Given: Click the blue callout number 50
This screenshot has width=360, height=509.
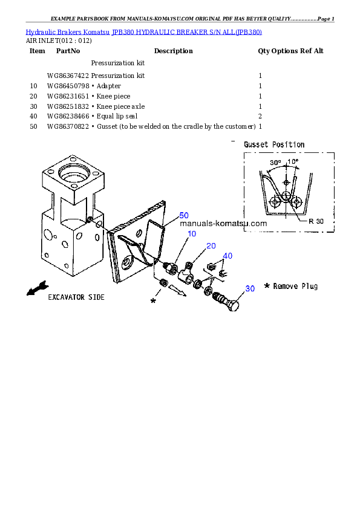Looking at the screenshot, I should click(184, 216).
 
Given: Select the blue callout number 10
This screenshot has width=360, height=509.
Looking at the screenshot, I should click(192, 233).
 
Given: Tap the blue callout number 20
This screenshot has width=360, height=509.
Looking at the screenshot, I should click(211, 245).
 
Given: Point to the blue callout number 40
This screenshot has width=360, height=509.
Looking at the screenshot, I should click(227, 256).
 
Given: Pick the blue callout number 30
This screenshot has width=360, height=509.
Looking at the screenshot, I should click(250, 289).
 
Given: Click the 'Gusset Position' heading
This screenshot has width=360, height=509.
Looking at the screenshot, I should click(274, 145).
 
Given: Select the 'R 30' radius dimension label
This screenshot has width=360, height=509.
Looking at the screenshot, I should click(316, 221).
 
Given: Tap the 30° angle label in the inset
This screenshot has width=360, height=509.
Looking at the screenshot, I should click(275, 163).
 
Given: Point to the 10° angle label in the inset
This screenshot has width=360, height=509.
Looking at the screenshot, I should click(292, 162).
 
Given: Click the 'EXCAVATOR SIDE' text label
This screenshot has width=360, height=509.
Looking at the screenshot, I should click(76, 297).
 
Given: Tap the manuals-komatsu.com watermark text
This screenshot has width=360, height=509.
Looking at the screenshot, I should click(223, 224).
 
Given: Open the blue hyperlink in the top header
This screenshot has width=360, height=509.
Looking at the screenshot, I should click(143, 31).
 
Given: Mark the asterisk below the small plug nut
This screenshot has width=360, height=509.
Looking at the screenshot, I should click(153, 300).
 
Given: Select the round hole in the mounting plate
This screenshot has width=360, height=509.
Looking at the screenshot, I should click(128, 264).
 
